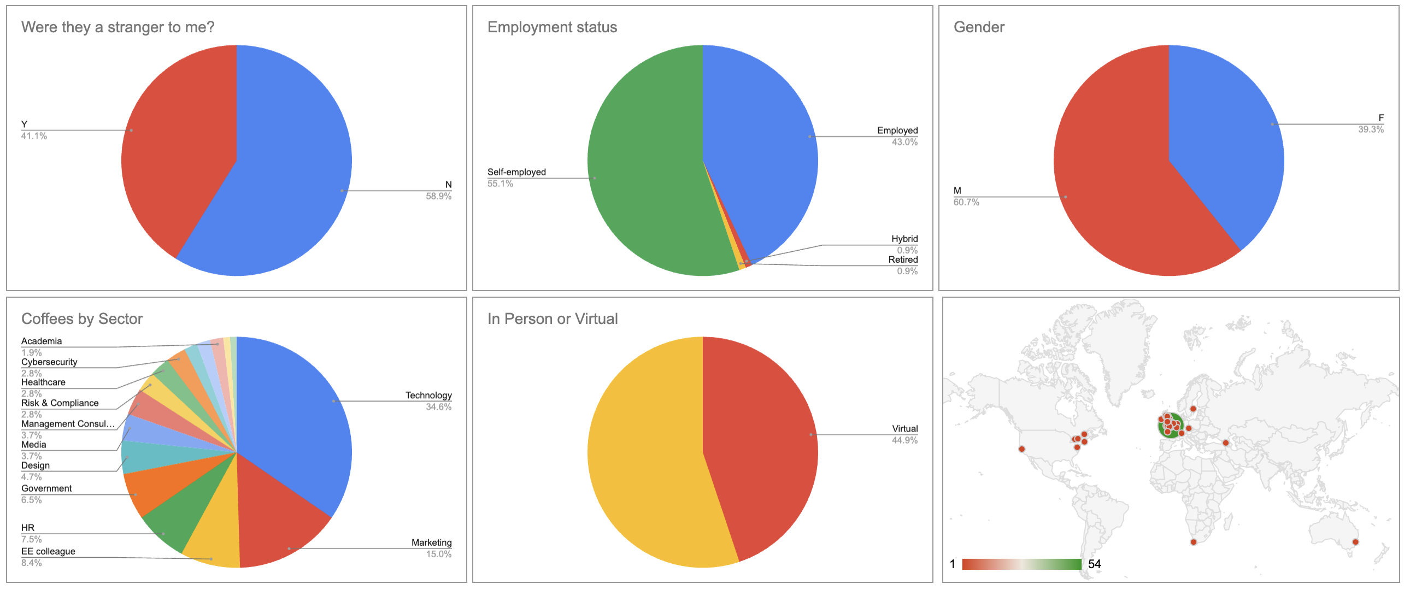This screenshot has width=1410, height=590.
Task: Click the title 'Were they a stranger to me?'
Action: pyautogui.click(x=117, y=27)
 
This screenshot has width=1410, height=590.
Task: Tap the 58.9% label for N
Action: pyautogui.click(x=438, y=197)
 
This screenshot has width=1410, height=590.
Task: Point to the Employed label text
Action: pyautogui.click(x=897, y=130)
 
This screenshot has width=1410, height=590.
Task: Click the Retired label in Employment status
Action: pyautogui.click(x=903, y=260)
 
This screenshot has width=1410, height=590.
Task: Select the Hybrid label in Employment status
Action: pyautogui.click(x=904, y=239)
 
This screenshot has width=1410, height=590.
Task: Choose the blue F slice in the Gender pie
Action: pyautogui.click(x=1226, y=137)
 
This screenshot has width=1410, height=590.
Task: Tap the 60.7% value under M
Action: pyautogui.click(x=966, y=203)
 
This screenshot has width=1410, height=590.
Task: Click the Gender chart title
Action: pyautogui.click(x=979, y=27)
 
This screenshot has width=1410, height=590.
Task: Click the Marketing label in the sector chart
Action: pyautogui.click(x=431, y=543)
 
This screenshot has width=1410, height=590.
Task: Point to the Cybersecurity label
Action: pyautogui.click(x=49, y=362)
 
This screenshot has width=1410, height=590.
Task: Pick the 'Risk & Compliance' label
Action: pyautogui.click(x=60, y=403)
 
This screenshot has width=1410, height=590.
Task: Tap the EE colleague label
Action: pyautogui.click(x=48, y=552)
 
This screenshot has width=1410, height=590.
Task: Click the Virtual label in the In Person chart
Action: pyautogui.click(x=905, y=429)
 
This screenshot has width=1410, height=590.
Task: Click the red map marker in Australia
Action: pyautogui.click(x=1355, y=542)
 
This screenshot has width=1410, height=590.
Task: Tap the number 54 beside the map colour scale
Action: pyautogui.click(x=1094, y=564)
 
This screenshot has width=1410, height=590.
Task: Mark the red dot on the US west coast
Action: pyautogui.click(x=1021, y=450)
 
